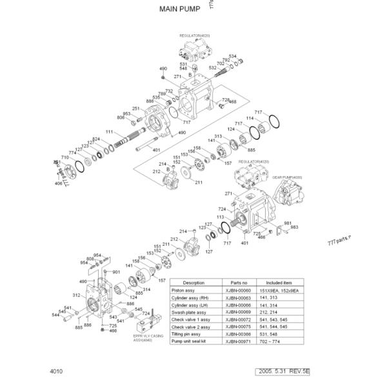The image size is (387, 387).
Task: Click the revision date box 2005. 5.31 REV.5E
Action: pos(301,372)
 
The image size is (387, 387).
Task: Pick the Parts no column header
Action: pos(240,283)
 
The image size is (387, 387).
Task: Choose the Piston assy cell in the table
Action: pos(183,291)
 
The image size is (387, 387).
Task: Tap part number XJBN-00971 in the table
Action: pos(240,341)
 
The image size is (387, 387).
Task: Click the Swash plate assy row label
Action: pos(187,312)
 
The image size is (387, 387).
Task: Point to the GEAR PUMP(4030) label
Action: pos(287,177)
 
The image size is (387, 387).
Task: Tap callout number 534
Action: pos(232,56)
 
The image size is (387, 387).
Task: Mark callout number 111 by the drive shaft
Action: pos(109,133)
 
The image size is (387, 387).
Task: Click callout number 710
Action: pos(64,157)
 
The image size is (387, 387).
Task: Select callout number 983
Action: pos(294,228)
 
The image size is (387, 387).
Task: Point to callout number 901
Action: pos(116,272)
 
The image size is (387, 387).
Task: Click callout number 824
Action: pos(95,140)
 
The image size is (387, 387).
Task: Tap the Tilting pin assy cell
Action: pos(186,334)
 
